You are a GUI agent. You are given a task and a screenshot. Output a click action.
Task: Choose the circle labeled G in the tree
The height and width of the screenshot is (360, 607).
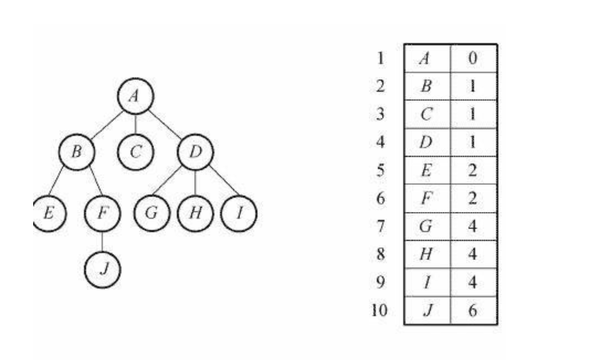pos(152,213)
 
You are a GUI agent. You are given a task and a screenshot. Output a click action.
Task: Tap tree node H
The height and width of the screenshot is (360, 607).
pos(195,213)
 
